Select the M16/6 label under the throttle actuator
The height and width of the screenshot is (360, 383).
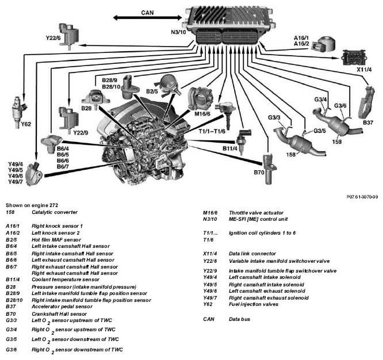[x=202, y=114]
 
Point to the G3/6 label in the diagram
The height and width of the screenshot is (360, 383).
[x=340, y=106]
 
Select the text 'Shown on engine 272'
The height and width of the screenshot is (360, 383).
[x=32, y=205]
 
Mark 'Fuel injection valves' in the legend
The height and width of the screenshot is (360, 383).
[x=254, y=304]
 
